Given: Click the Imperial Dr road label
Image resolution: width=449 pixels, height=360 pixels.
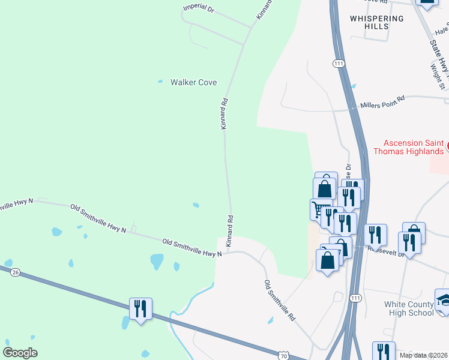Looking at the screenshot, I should click(199, 8).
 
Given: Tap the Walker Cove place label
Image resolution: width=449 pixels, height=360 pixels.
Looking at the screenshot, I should click(193, 82).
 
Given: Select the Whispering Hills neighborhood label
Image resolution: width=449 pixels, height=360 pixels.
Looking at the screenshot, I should click(377, 23).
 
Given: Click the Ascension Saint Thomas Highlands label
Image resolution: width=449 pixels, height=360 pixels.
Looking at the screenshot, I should click(414, 147).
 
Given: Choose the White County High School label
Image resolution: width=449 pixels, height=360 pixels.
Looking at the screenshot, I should click(409, 308).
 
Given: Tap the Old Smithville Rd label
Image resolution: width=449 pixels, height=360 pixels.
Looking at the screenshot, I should click(280, 300).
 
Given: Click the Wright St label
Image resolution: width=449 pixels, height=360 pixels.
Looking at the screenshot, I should click(436, 77).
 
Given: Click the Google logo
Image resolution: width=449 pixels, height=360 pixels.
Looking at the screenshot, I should click(20, 352).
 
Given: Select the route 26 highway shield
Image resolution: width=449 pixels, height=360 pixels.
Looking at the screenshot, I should click(16, 272).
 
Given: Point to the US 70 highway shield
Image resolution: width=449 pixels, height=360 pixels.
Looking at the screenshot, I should click(284, 357).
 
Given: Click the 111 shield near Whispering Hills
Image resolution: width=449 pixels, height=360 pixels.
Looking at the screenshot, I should click(339, 63).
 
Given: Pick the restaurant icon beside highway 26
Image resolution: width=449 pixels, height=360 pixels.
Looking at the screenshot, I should click(140, 309).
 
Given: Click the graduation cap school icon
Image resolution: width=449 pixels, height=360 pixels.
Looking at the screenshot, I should click(444, 301).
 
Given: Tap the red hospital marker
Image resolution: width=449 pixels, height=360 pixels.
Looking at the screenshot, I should click(447, 143).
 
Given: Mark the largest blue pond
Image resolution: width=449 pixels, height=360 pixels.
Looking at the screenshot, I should click(157, 261).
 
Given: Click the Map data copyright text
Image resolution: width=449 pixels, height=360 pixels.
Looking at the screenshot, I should click(423, 355).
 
